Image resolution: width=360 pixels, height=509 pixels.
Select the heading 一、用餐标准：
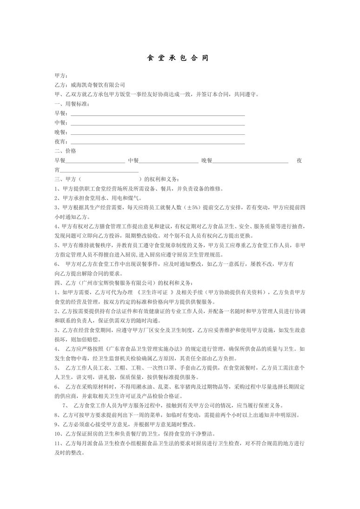[72, 104]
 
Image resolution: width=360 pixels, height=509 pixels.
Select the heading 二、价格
[66, 151]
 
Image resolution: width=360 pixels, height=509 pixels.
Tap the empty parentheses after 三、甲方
[112, 179]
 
